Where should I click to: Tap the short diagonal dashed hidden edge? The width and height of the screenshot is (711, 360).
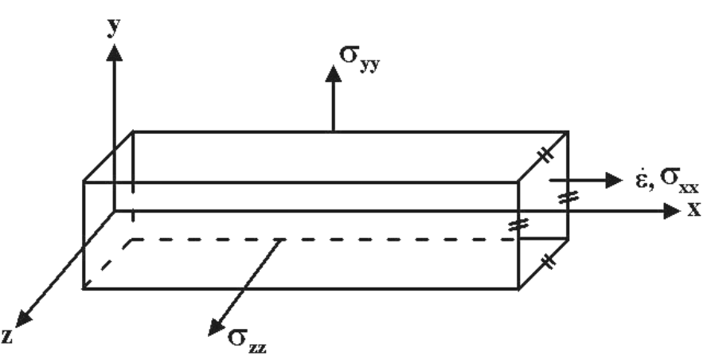pos(108,263)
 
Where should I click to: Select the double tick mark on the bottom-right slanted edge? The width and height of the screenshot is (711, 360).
pos(545,263)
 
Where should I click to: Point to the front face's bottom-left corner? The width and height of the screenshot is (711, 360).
pos(84,288)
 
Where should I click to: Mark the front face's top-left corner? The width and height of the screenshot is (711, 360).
pos(84,182)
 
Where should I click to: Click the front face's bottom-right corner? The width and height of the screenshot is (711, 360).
pos(519,288)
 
